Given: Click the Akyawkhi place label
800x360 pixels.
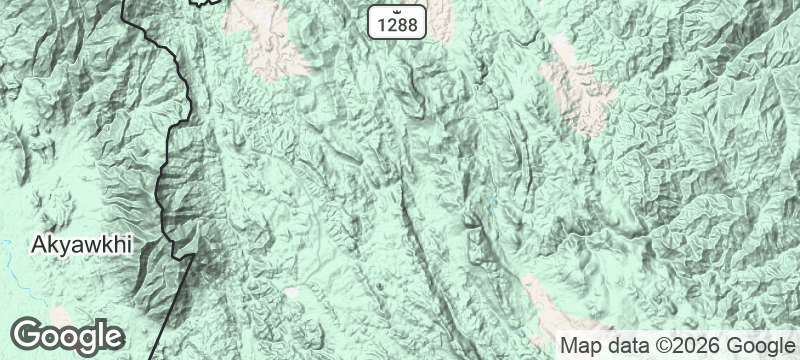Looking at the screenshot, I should (82, 244).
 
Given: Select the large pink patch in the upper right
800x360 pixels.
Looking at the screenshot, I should (580, 90).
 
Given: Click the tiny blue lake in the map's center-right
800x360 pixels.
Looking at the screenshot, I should (492, 207).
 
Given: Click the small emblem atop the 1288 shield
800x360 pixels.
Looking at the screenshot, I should (399, 8).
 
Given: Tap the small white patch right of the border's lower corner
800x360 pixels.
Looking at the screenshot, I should (291, 291).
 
